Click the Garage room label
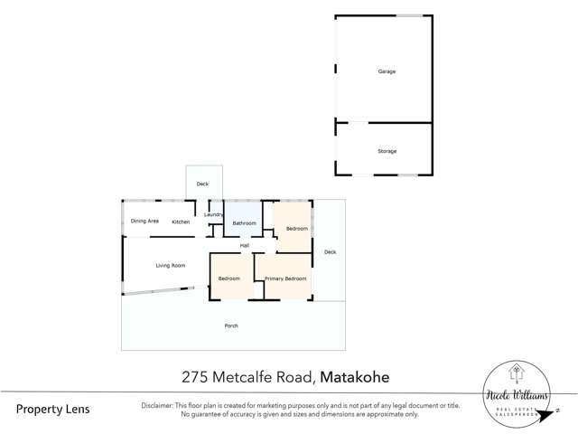point(387,71)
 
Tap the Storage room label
point(387,151)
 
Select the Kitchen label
point(181,222)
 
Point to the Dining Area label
point(144,222)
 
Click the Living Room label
point(170,265)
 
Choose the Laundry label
point(213,214)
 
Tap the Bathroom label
point(244,223)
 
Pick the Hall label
point(244,246)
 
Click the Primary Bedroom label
point(285,278)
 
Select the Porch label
point(231,325)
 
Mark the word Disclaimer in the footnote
point(161,405)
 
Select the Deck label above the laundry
point(202,184)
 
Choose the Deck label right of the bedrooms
point(330,252)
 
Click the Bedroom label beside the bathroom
point(296,229)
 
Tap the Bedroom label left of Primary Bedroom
point(229,278)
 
